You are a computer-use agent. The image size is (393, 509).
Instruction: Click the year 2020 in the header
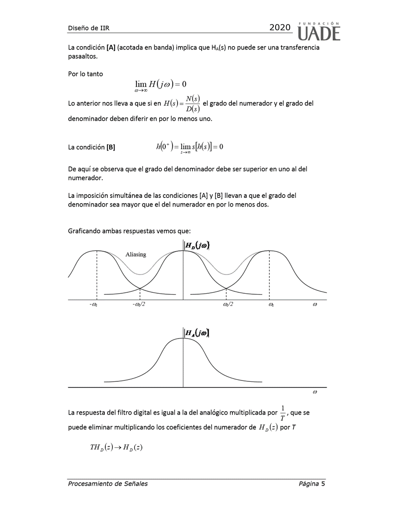(x=280, y=28)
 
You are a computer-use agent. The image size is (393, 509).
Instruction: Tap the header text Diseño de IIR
(x=89, y=28)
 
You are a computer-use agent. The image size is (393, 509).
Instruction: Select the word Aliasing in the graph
(x=136, y=254)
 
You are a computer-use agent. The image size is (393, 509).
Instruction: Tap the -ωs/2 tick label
(x=139, y=305)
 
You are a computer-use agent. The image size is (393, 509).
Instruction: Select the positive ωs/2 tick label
(x=228, y=305)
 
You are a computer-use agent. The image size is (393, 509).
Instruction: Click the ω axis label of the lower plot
(x=315, y=392)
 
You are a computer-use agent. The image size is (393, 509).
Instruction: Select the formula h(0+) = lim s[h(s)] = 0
(x=190, y=147)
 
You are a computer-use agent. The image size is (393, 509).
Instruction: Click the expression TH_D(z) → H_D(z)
(x=116, y=447)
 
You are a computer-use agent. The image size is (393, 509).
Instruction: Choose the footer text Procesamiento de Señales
(x=108, y=484)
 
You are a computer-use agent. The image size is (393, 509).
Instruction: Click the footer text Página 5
(x=312, y=484)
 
